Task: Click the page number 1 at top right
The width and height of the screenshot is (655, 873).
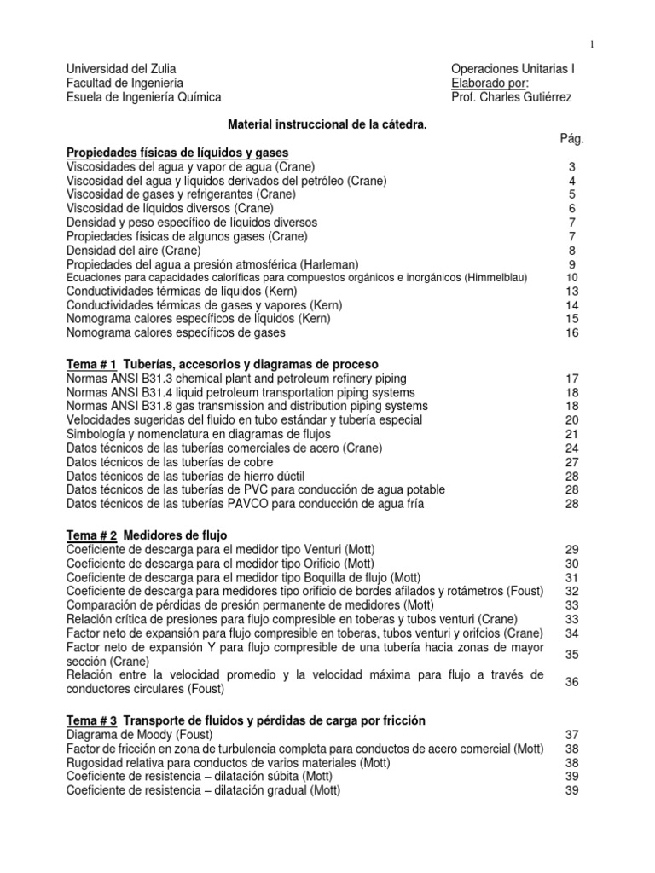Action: [x=592, y=44]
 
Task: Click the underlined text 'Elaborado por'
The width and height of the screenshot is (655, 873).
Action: [x=490, y=83]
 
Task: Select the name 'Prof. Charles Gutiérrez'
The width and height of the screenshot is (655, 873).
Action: [x=512, y=97]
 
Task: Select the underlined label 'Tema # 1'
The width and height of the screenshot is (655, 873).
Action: [x=91, y=364]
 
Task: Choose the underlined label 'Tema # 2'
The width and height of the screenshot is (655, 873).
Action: [x=91, y=535]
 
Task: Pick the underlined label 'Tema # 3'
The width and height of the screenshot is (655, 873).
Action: [x=91, y=720]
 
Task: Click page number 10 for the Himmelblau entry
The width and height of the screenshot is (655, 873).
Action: [x=572, y=278]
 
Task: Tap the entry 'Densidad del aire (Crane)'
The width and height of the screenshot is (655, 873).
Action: [x=134, y=250]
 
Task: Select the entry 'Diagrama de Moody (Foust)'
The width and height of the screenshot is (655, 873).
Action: [x=139, y=735]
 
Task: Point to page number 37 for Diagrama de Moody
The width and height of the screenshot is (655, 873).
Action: [x=572, y=735]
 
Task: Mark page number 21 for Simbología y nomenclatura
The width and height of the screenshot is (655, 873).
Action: [x=572, y=434]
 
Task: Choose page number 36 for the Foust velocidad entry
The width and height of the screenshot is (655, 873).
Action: [x=572, y=682]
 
